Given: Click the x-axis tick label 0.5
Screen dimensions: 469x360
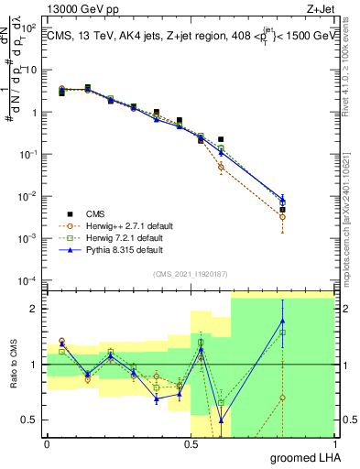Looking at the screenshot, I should (191, 443).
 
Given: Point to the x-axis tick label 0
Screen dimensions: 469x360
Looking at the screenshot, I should (46, 443).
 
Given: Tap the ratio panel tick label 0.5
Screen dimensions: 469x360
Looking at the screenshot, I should (31, 420).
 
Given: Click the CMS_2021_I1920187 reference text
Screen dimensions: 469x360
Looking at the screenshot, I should (190, 273).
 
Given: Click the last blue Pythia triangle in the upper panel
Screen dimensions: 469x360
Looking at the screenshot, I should (283, 199).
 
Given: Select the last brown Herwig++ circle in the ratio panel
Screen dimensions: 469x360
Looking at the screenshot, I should (283, 398).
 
